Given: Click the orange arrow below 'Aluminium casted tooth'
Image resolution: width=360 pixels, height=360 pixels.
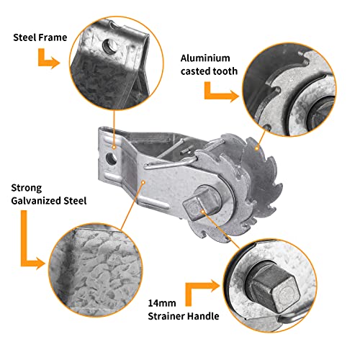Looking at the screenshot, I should [x=220, y=91].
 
